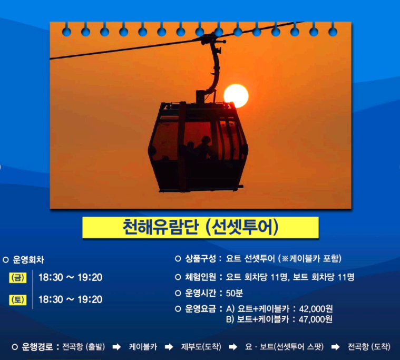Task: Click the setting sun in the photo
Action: click(236, 96)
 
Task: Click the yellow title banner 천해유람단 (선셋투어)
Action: click(200, 227)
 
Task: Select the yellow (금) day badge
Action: click(18, 277)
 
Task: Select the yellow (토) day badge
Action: click(18, 299)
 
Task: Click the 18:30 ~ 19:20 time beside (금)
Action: click(70, 277)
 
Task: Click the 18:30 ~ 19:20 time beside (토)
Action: click(70, 299)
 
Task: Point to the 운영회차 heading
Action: click(29, 259)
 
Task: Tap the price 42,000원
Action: click(316, 309)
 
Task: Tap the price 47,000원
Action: click(316, 319)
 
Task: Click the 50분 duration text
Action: click(235, 293)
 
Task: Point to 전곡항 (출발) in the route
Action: click(83, 347)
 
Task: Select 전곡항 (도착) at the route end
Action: click(369, 347)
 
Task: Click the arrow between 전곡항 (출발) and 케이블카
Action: click(118, 347)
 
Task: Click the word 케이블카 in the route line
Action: click(143, 347)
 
